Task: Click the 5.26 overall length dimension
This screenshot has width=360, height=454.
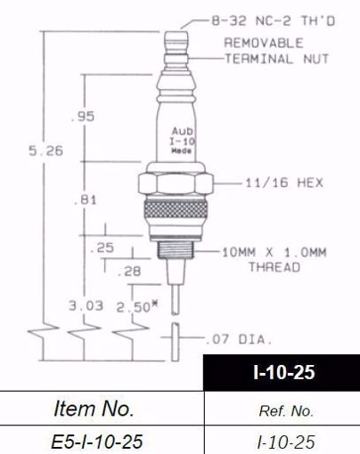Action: tap(45, 151)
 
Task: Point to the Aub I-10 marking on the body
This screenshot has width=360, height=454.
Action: tap(179, 136)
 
